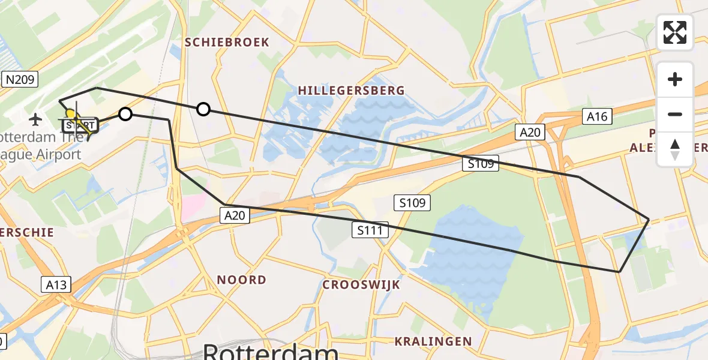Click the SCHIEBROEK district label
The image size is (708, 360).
227,42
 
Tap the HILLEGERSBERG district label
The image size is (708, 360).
351,91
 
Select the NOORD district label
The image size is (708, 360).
241,280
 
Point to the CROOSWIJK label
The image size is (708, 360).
361,284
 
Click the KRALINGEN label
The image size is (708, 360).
433,341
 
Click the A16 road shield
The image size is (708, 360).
597,116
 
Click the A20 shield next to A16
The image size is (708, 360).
530,131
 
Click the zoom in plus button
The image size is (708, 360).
675,79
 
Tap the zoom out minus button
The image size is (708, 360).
675,114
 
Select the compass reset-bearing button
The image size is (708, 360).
675,149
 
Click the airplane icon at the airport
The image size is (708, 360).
35,119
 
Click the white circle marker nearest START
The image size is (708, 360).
125,113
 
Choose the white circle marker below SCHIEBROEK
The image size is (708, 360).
203,109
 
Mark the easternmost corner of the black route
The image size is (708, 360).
649,220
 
